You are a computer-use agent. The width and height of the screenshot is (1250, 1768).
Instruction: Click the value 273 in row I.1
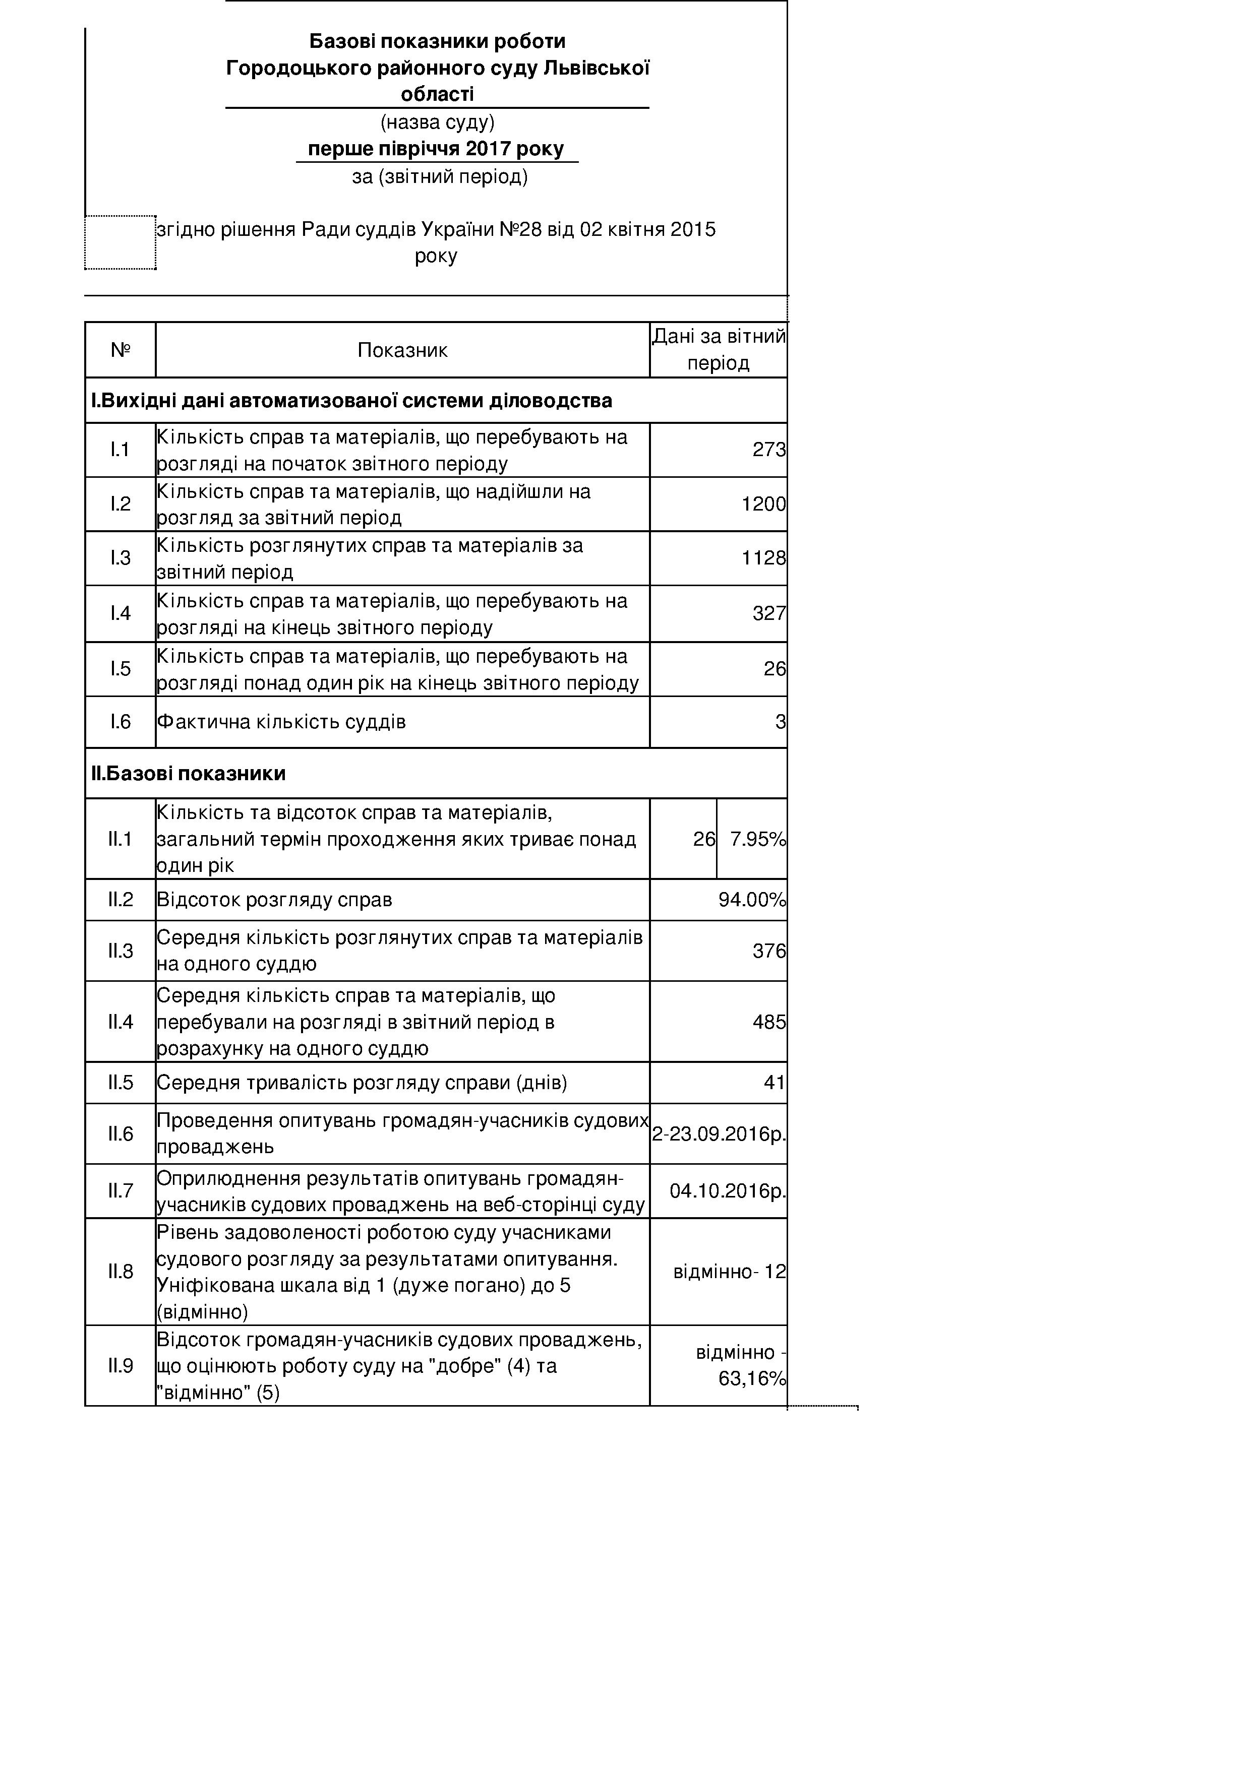(x=768, y=450)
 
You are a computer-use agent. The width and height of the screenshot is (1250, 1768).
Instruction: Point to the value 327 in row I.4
(x=768, y=614)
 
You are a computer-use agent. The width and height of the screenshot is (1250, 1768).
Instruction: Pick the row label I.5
(x=120, y=668)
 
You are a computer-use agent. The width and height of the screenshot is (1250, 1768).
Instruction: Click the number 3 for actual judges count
(x=780, y=722)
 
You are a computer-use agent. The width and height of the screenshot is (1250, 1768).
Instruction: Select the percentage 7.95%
(x=757, y=839)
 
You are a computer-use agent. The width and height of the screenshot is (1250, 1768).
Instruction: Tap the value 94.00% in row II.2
(x=752, y=900)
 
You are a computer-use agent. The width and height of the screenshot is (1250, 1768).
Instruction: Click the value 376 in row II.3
(x=768, y=951)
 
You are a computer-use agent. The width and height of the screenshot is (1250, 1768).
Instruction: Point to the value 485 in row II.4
(x=768, y=1023)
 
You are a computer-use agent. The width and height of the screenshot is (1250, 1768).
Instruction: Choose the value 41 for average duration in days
(x=774, y=1084)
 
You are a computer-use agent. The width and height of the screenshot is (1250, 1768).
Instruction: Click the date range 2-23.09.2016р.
(x=719, y=1134)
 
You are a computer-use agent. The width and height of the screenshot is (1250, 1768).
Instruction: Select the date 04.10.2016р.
(x=727, y=1191)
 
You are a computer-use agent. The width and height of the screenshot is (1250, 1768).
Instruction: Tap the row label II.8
(x=120, y=1272)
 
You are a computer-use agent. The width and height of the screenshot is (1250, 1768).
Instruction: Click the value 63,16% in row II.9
(x=752, y=1378)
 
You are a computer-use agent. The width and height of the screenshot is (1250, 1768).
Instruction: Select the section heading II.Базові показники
(x=189, y=774)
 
